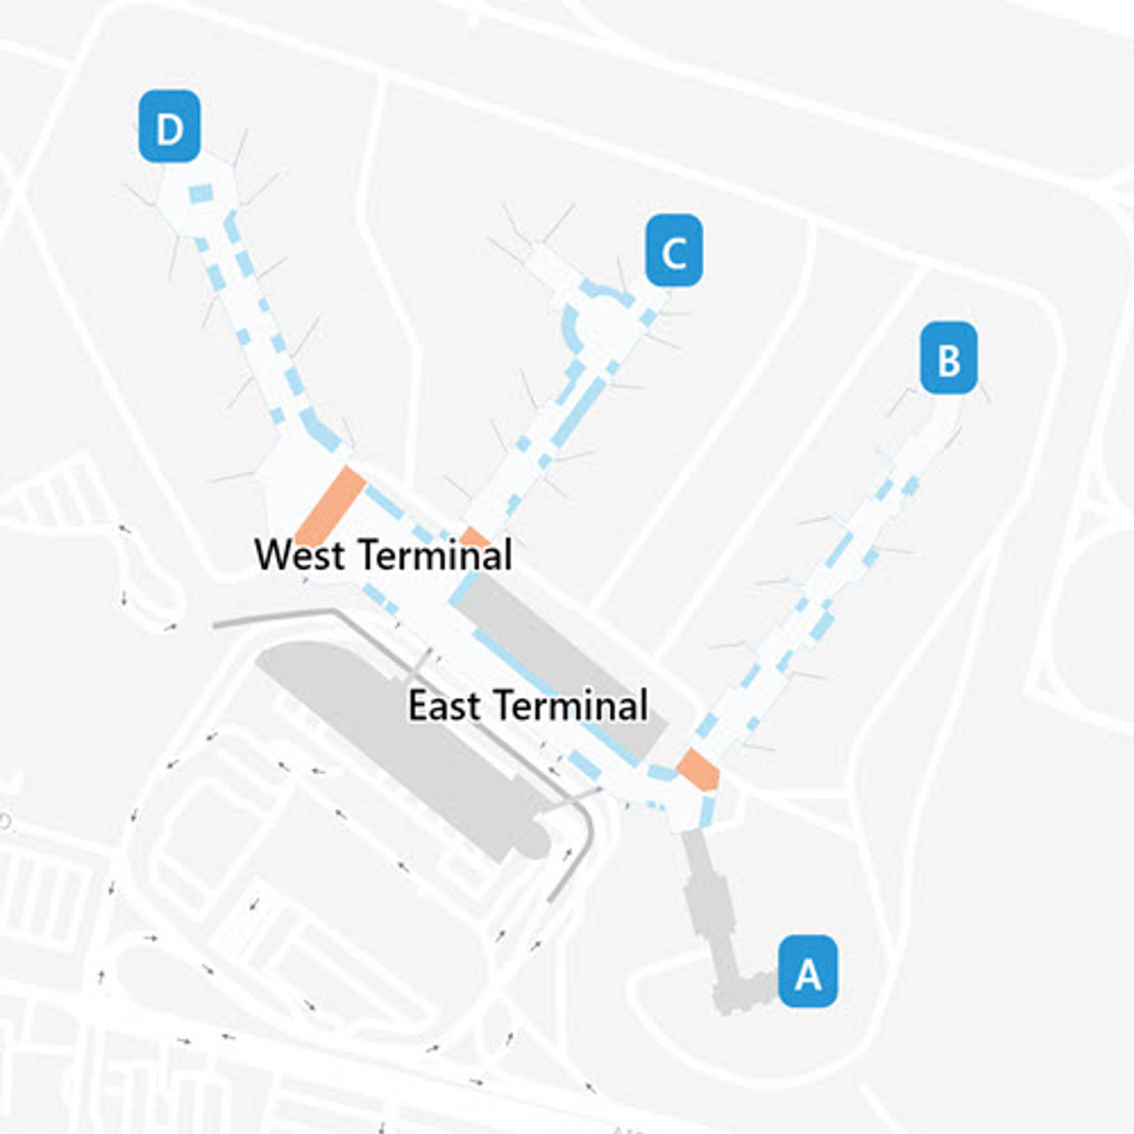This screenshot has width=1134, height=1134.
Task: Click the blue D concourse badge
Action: [169, 126]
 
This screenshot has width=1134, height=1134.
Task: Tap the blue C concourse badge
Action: [674, 251]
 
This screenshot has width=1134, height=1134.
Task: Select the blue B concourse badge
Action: [948, 358]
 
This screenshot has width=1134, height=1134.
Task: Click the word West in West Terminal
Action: [300, 554]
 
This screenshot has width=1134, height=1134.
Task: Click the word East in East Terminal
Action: [444, 705]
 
